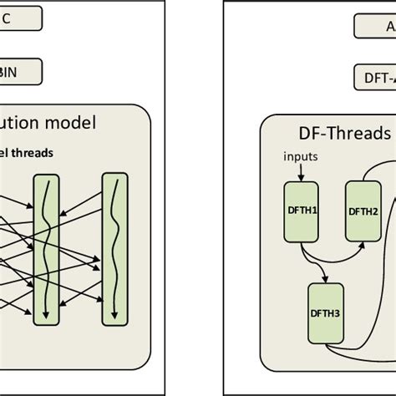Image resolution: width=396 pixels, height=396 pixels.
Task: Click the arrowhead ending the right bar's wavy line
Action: [x=114, y=317]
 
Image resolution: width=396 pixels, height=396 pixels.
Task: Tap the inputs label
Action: [x=301, y=156]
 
